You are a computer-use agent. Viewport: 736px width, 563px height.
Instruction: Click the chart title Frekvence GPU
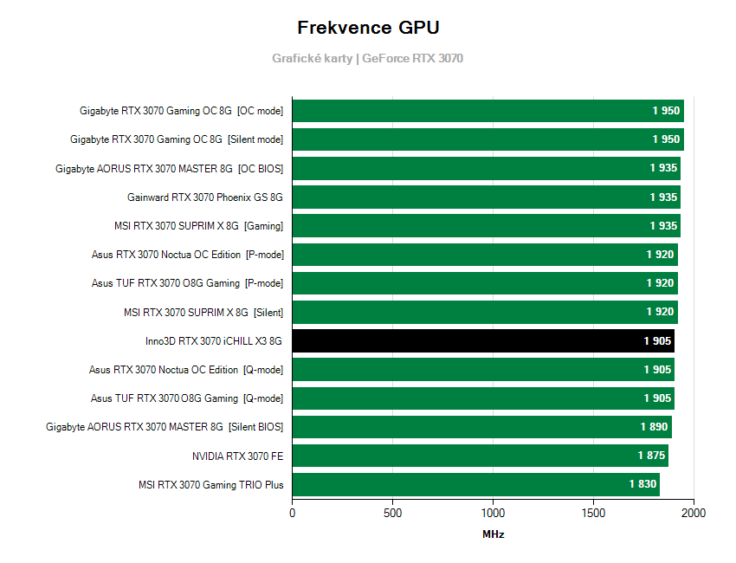click(368, 28)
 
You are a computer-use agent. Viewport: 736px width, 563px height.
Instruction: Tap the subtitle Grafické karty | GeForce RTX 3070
click(368, 58)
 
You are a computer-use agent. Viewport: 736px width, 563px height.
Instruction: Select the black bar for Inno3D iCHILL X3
click(483, 340)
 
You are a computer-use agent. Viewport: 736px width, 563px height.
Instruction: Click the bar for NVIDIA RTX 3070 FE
click(480, 456)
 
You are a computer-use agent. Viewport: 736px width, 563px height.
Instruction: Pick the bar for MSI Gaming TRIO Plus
click(475, 484)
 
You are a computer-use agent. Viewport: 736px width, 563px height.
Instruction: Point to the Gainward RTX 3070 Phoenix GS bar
click(486, 197)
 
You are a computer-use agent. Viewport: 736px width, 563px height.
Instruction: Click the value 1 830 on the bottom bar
click(642, 484)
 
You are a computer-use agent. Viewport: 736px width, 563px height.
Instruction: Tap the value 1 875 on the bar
click(651, 456)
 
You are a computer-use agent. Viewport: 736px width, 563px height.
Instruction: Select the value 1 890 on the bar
click(655, 427)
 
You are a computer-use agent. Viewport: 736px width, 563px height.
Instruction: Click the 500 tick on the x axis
click(392, 513)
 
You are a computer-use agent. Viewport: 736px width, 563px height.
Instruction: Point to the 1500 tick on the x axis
click(593, 513)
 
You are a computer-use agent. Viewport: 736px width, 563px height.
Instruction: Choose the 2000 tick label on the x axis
click(694, 513)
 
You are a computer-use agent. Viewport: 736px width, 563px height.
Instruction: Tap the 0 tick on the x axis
click(292, 513)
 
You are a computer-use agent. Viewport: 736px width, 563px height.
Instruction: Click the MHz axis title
click(493, 534)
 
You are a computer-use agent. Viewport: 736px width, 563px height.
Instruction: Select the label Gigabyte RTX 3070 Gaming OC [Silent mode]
click(177, 139)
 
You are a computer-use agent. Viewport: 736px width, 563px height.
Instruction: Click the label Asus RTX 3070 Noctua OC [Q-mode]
click(186, 370)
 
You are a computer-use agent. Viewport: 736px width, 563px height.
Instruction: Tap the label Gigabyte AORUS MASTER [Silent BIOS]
click(165, 427)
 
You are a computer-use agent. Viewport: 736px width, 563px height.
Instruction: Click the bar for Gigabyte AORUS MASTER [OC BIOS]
click(486, 168)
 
